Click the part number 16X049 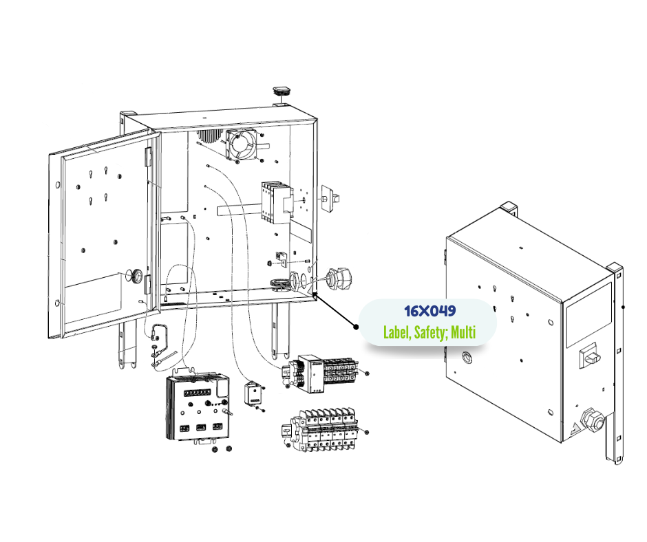click(x=430, y=312)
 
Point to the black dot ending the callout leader click(x=356, y=327)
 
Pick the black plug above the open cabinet click(x=281, y=91)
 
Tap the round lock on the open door click(x=137, y=277)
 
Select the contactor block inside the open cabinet click(x=272, y=202)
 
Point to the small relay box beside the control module click(x=254, y=395)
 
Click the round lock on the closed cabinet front click(x=467, y=358)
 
